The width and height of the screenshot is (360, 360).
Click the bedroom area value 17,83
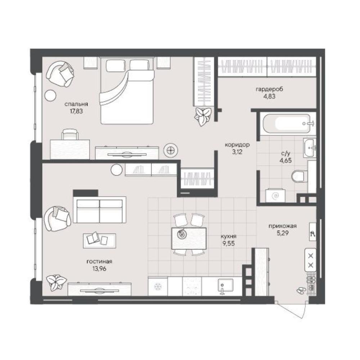[x=76, y=111]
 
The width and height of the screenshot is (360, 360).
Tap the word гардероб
[x=269, y=89]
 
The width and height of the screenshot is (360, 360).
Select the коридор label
[x=237, y=145]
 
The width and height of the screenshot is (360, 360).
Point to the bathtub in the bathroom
[x=287, y=124]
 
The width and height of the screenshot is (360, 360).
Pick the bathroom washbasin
[x=310, y=148]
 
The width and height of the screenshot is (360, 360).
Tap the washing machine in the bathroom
[x=275, y=195]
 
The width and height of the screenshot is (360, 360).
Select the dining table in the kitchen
[x=189, y=238]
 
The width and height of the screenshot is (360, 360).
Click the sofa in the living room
[x=99, y=210]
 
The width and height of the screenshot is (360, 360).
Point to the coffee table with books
[x=99, y=240]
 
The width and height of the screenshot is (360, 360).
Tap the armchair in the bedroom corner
[x=60, y=73]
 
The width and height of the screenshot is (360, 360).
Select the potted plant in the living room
[x=56, y=282]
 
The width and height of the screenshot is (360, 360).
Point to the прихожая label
[x=283, y=226]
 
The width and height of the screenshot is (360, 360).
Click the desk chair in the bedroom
[x=70, y=134]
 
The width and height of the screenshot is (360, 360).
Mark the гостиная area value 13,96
[x=99, y=269]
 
